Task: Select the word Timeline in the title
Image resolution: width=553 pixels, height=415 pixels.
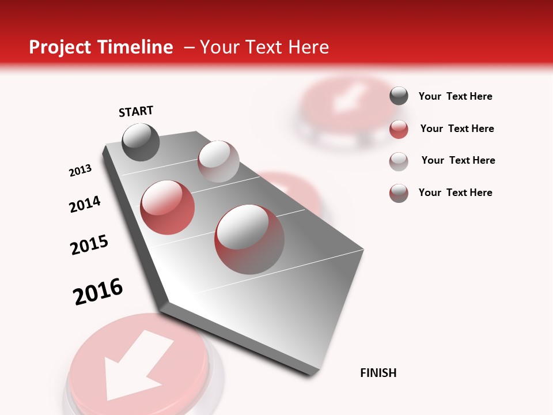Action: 138,47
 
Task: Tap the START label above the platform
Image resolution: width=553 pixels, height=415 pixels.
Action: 136,111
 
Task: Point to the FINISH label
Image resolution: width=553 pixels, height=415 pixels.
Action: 378,373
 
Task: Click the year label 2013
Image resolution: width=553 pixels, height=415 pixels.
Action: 80,171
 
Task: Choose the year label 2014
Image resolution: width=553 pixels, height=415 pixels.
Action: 85,205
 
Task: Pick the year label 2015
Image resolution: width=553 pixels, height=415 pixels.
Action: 89,245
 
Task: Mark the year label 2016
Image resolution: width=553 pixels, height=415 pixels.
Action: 98,292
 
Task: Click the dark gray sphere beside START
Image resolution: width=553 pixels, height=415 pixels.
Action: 141,142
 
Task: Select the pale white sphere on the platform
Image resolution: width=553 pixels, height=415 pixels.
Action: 218,161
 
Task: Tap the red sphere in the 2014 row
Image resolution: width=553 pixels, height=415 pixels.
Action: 168,207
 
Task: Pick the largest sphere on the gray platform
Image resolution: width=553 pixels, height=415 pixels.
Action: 249,239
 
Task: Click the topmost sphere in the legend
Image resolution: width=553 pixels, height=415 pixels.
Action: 399,96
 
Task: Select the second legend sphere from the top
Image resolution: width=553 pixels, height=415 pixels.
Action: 399,129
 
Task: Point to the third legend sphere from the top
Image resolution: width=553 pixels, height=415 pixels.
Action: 399,161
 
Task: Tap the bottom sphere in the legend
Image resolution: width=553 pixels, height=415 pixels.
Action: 399,193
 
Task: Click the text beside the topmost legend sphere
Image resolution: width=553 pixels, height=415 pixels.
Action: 455,97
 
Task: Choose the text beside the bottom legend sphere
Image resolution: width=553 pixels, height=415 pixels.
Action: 455,193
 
